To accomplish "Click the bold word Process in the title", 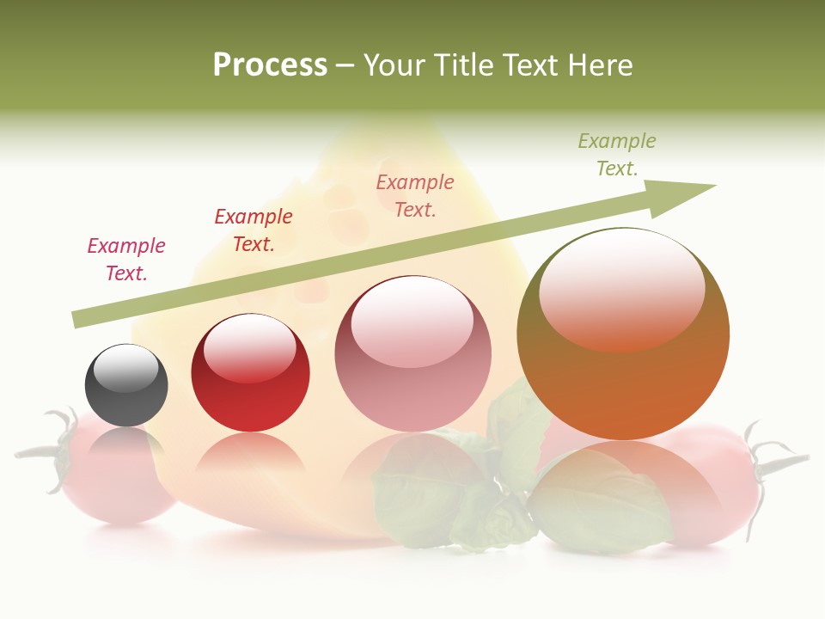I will point(270,64).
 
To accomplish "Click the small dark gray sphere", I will point(126,386).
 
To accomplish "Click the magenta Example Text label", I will point(126,260).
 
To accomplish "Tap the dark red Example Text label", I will point(253,230).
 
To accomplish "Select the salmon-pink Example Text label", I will point(415,196).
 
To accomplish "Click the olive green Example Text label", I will point(617,155).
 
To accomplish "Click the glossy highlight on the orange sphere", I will point(621,288).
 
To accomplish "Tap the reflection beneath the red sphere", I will point(250,452).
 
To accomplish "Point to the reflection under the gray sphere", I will point(126,441).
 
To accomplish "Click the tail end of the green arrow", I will point(79,320).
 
